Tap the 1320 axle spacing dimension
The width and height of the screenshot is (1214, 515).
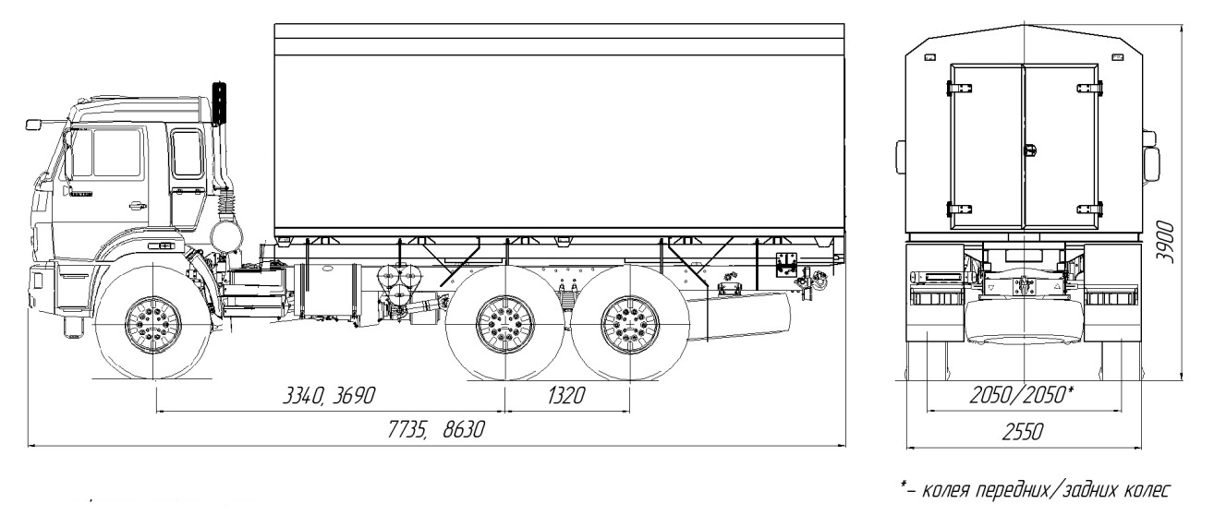(566, 396)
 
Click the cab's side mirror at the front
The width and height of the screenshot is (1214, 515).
(34, 123)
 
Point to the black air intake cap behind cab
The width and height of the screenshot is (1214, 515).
(220, 102)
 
